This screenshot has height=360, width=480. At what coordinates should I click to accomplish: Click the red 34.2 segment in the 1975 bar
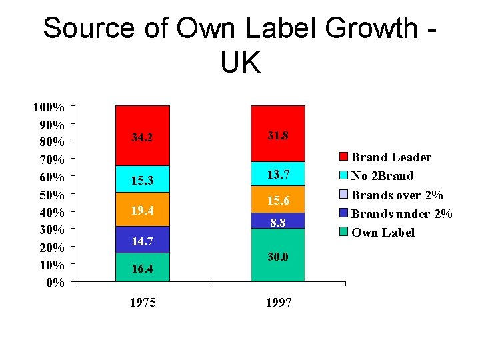pyautogui.click(x=142, y=136)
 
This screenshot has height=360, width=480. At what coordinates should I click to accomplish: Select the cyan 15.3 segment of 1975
pyautogui.click(x=142, y=179)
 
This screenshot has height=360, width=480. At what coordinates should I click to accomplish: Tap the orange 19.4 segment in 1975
pyautogui.click(x=142, y=209)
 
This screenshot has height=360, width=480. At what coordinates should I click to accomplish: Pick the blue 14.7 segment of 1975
pyautogui.click(x=142, y=240)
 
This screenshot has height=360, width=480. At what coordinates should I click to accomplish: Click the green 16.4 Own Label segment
pyautogui.click(x=142, y=267)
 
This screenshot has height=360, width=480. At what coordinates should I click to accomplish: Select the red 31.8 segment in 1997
pyautogui.click(x=277, y=134)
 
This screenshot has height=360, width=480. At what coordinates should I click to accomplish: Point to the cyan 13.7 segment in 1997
pyautogui.click(x=277, y=174)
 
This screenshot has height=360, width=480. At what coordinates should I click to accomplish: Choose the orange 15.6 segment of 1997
pyautogui.click(x=277, y=199)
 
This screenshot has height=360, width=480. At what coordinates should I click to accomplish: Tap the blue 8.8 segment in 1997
pyautogui.click(x=277, y=221)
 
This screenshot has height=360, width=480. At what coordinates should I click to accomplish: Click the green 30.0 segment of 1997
pyautogui.click(x=277, y=255)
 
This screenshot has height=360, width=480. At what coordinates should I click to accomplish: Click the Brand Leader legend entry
pyautogui.click(x=391, y=157)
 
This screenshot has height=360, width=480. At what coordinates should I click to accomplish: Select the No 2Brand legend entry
pyautogui.click(x=382, y=176)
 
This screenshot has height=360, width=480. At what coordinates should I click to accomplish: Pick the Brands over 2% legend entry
pyautogui.click(x=397, y=195)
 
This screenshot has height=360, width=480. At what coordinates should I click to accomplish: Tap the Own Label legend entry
pyautogui.click(x=383, y=233)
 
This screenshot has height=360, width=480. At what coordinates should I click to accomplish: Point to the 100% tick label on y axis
pyautogui.click(x=49, y=107)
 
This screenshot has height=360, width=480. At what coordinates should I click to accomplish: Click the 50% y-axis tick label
pyautogui.click(x=51, y=195)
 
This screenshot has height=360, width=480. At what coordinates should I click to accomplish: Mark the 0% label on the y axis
pyautogui.click(x=55, y=282)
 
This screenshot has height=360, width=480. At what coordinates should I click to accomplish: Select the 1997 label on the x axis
pyautogui.click(x=278, y=303)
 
